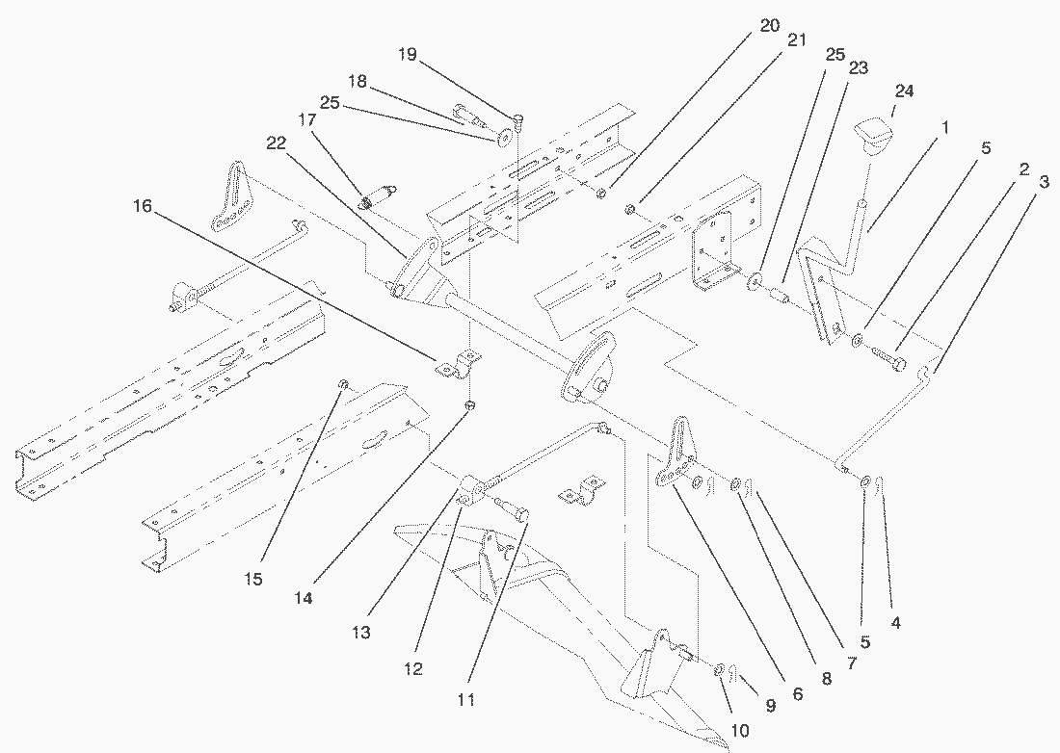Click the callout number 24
click(904, 91)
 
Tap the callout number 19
click(407, 55)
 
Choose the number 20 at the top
click(769, 26)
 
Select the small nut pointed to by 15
click(342, 385)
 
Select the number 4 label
click(895, 623)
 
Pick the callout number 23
click(858, 68)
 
